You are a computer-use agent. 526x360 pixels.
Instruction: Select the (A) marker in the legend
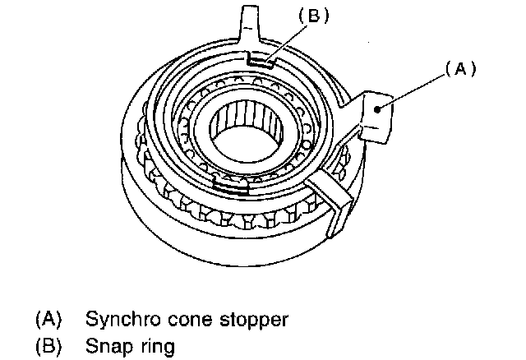[x=49, y=319]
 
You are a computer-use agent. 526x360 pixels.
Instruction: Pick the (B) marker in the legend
[x=49, y=346]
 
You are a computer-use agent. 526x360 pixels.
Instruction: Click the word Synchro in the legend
[x=122, y=320]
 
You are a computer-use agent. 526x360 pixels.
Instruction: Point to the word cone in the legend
[x=189, y=320]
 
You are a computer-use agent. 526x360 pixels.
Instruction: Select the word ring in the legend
[x=157, y=346]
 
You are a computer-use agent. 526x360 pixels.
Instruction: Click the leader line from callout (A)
[x=411, y=91]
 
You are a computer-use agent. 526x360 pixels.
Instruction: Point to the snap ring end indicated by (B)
[x=261, y=58]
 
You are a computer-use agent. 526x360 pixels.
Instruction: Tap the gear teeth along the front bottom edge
[x=247, y=220]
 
